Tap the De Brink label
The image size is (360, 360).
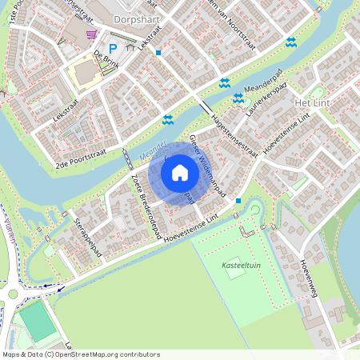click(106, 55)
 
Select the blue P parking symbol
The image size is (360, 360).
click(113, 47)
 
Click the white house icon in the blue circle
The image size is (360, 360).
click(180, 172)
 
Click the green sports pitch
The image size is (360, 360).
click(37, 322)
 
